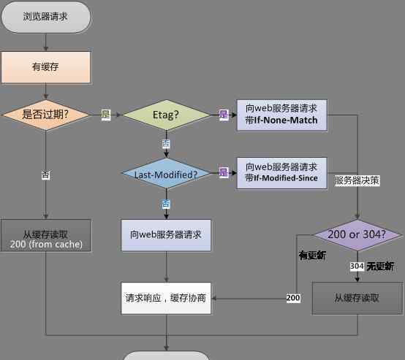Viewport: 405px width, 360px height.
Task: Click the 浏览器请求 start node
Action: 46,17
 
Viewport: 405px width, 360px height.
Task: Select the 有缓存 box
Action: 46,67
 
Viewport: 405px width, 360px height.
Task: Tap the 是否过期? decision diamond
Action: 46,115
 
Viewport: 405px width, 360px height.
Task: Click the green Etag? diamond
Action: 166,115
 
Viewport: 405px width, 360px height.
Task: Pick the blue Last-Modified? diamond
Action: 166,173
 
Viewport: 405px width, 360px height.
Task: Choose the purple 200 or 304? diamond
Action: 357,235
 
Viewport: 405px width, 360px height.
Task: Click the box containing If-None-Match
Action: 282,115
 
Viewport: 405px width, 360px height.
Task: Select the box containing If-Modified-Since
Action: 282,173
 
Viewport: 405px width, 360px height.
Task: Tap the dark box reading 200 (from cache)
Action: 46,235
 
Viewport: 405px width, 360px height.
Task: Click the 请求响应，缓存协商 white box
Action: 166,299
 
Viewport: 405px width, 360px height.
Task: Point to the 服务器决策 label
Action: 357,180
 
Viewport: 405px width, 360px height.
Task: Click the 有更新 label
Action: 312,256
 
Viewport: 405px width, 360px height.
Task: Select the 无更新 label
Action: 380,266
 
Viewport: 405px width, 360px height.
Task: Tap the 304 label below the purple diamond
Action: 357,266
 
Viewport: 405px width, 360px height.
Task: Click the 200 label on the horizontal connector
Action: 293,298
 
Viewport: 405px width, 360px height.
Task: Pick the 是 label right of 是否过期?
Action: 106,115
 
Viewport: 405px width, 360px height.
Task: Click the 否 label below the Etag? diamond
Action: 166,144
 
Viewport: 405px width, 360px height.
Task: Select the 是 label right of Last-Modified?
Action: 224,172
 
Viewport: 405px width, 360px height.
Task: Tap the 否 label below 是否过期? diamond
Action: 46,175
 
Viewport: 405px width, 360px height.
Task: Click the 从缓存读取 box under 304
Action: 357,299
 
